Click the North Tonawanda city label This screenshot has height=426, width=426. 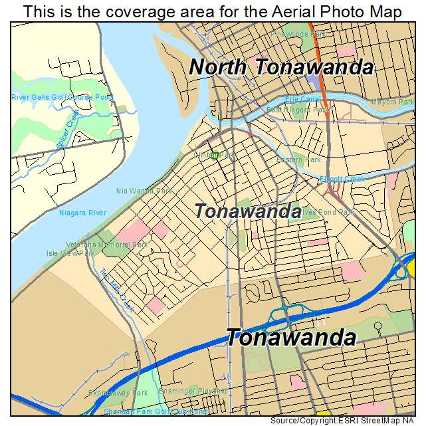[281, 67]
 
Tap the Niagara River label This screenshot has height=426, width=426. [82, 213]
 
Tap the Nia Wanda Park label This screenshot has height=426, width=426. [144, 191]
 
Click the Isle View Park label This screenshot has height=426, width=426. [70, 253]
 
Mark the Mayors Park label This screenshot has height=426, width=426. [391, 102]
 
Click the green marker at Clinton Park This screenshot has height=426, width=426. [214, 156]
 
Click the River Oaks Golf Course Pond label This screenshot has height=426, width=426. [62, 98]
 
